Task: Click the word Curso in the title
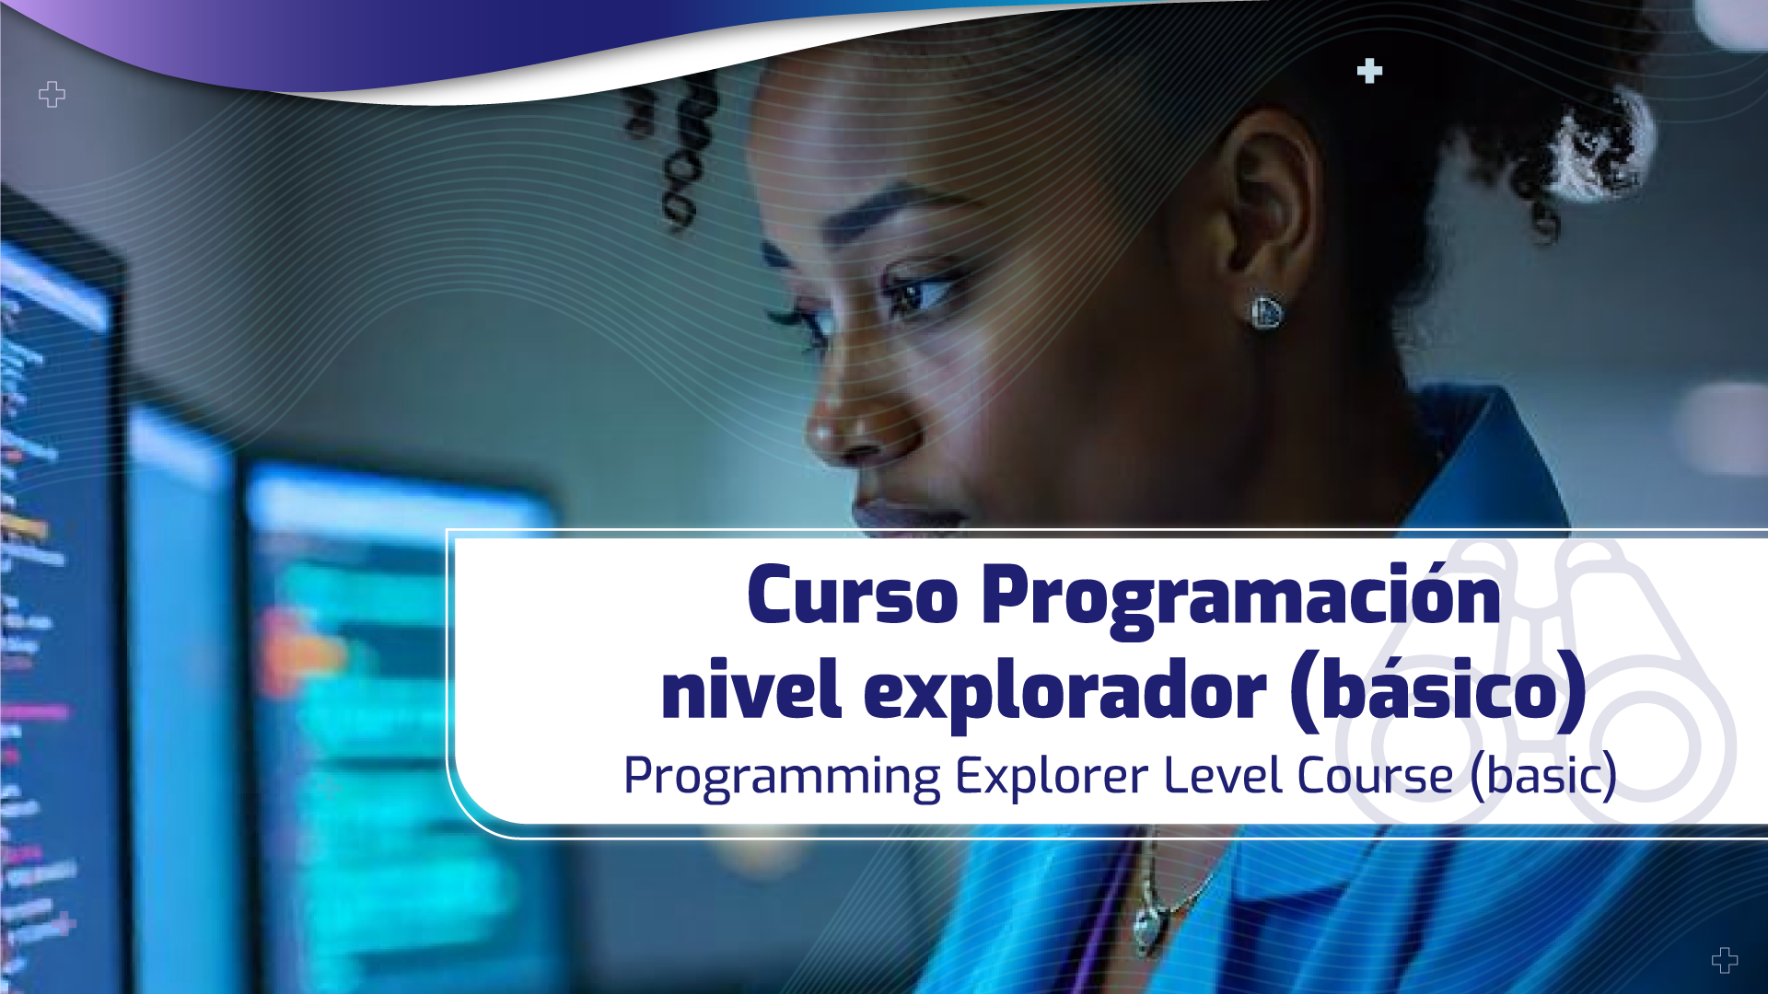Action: (853, 596)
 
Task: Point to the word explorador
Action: (1064, 693)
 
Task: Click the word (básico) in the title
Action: (1438, 691)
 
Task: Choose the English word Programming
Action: (782, 776)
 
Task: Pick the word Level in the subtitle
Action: (1224, 775)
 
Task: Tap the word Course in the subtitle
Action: (1375, 775)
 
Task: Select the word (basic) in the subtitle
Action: (1543, 775)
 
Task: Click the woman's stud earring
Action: (1266, 312)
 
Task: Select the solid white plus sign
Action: (1369, 71)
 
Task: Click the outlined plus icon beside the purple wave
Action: (52, 94)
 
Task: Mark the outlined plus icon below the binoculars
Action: (1725, 960)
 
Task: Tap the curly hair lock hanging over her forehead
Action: (681, 156)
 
